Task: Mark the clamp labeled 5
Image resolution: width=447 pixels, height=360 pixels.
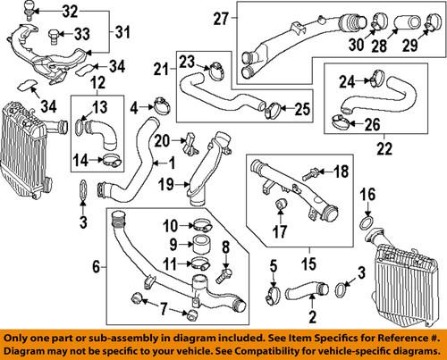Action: coord(276,291)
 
